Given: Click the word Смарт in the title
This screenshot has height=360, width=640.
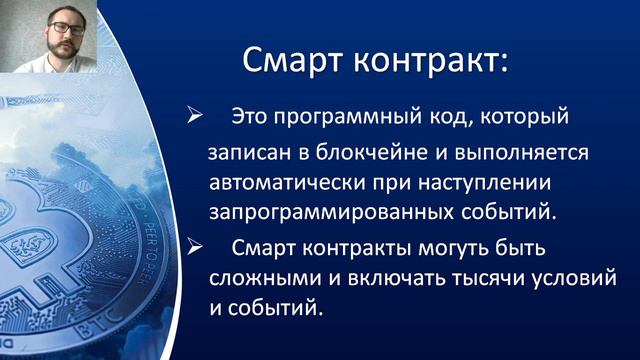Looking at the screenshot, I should [290, 61].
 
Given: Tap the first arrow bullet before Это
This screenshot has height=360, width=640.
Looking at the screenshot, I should [197, 117].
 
